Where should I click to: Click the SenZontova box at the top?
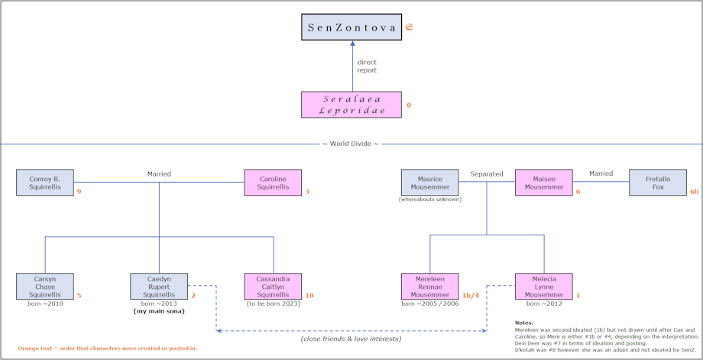click(351, 27)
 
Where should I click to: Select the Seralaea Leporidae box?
click(351, 105)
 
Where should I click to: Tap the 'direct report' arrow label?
click(367, 66)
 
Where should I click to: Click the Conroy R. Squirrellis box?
click(45, 183)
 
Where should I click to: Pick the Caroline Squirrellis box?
click(273, 183)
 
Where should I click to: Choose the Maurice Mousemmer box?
click(430, 183)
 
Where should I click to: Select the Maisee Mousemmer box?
click(544, 183)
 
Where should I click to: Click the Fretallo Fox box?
click(658, 183)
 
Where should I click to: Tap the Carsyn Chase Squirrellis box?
click(45, 286)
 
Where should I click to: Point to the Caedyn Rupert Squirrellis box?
click(159, 286)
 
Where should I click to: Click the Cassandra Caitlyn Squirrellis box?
click(273, 286)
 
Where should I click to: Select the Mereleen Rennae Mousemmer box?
click(430, 286)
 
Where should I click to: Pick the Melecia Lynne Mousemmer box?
click(544, 286)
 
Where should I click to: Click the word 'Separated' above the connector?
click(487, 174)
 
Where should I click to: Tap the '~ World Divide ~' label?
click(350, 144)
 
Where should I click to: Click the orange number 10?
click(309, 296)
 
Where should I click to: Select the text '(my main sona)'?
click(159, 311)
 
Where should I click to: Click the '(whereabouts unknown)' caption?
click(430, 199)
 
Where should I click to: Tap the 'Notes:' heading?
click(524, 323)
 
